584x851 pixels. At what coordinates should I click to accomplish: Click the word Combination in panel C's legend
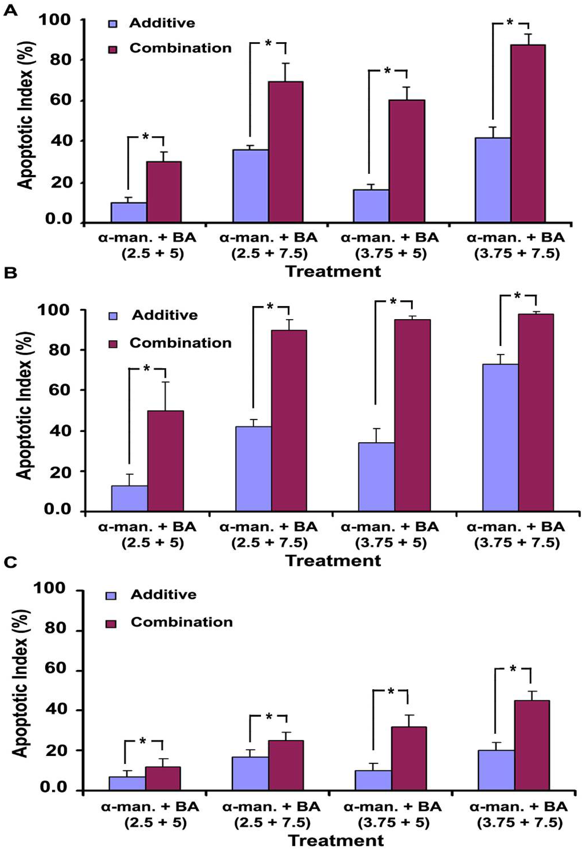point(182,622)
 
